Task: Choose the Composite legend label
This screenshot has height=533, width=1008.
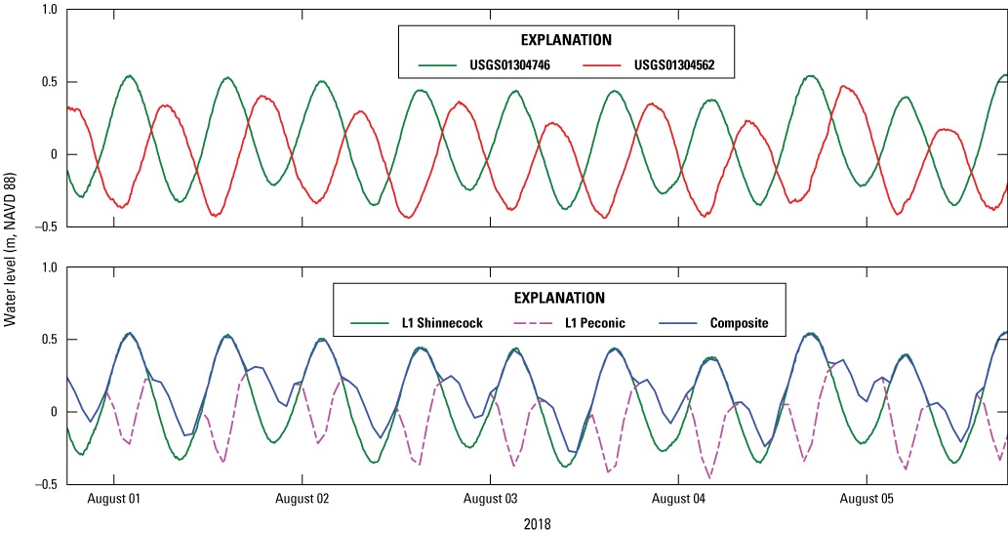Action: pyautogui.click(x=746, y=323)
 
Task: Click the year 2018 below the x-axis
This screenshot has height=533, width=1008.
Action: pyautogui.click(x=537, y=524)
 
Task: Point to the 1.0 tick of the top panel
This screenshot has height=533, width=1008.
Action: pyautogui.click(x=49, y=10)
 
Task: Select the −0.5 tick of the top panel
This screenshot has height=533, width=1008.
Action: pyautogui.click(x=45, y=226)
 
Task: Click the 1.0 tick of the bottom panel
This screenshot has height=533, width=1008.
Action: pyautogui.click(x=49, y=267)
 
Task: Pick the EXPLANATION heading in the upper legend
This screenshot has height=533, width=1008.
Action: pyautogui.click(x=565, y=40)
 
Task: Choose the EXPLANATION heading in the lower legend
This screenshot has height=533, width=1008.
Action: pyautogui.click(x=558, y=298)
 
